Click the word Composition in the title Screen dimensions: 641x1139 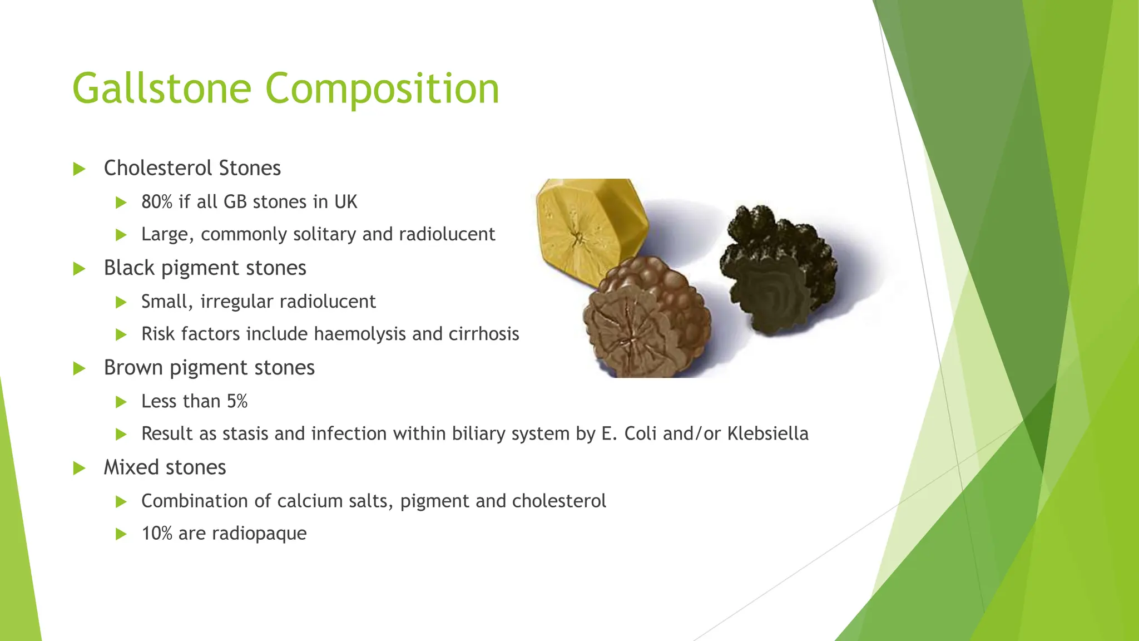point(382,89)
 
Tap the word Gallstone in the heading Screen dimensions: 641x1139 point(162,89)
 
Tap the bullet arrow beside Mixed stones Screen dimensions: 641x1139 point(79,469)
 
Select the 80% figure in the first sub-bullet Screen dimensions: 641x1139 point(157,202)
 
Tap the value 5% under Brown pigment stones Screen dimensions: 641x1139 point(237,401)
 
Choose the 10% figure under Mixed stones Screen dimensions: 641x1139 point(157,534)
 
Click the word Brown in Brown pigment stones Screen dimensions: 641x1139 point(133,368)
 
